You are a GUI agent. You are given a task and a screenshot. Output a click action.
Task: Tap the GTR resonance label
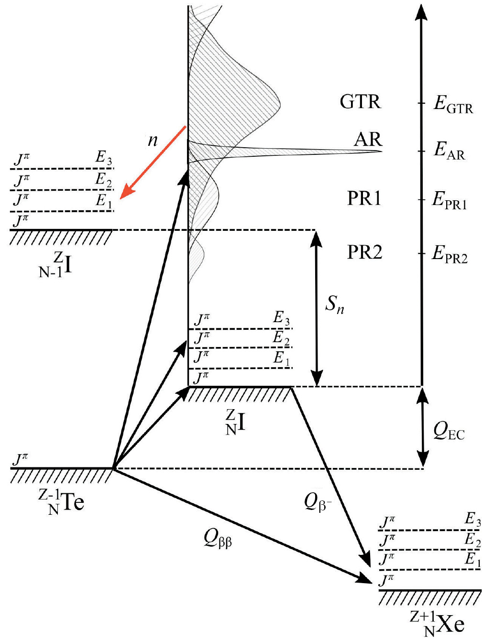tap(360, 102)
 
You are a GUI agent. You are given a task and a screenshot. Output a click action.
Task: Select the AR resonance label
tap(368, 139)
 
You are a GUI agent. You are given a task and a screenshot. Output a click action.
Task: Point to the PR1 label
tap(364, 198)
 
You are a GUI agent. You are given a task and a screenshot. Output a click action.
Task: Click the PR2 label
tap(364, 252)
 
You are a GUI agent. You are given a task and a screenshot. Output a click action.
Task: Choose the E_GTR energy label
tap(453, 104)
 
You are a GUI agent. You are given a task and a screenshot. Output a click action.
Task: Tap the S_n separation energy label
tap(334, 304)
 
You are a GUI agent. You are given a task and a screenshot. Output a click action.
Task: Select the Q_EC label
tap(449, 431)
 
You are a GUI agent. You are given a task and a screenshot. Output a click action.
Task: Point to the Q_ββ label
tap(218, 539)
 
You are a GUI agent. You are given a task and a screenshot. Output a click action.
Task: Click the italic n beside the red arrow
tap(153, 140)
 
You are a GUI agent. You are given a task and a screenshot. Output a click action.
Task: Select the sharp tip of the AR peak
tap(381, 152)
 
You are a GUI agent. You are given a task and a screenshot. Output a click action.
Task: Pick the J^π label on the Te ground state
tap(20, 460)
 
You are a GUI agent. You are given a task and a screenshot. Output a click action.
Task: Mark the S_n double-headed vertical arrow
tap(316, 308)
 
